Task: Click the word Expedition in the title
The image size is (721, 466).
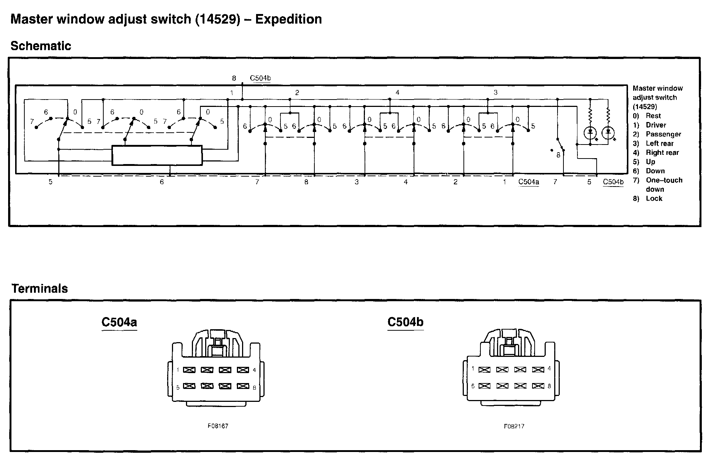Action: click(288, 19)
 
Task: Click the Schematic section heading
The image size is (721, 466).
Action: click(41, 46)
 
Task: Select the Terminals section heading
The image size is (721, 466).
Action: click(39, 288)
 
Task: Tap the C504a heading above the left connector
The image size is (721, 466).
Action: click(119, 322)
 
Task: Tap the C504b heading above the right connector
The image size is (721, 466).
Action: click(405, 322)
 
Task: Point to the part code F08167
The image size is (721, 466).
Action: click(218, 426)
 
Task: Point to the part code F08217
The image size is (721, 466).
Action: click(514, 426)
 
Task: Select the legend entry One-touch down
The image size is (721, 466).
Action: click(663, 184)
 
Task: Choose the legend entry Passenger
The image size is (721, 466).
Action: click(663, 134)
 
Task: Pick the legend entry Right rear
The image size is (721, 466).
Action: click(662, 153)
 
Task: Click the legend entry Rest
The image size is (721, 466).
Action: click(653, 116)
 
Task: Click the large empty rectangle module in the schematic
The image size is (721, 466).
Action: click(157, 155)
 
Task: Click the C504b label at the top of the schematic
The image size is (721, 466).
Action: click(260, 78)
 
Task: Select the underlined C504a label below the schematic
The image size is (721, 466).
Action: click(528, 182)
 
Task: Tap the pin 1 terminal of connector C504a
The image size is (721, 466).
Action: click(189, 370)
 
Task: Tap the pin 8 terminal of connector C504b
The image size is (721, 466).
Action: click(538, 386)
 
